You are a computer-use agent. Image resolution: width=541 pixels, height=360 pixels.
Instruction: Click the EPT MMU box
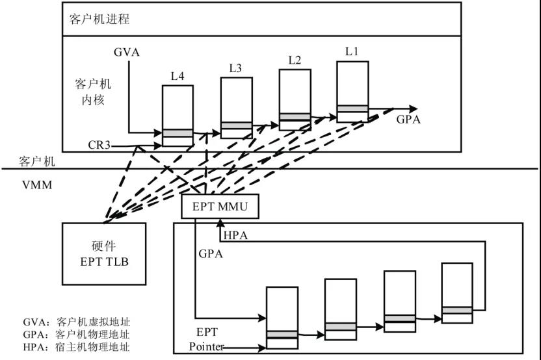(221, 207)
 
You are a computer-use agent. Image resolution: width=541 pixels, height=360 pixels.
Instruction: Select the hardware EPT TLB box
(104, 253)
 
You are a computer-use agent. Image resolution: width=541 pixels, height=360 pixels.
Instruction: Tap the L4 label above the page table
(178, 77)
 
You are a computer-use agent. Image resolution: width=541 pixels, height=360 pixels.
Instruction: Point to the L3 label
(236, 68)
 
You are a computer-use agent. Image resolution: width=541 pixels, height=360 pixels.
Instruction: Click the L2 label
(295, 60)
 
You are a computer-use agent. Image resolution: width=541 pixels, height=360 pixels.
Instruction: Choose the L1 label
(352, 51)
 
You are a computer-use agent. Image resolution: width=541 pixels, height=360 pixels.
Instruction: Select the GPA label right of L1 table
(408, 120)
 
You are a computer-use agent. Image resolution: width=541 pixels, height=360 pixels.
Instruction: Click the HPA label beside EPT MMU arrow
(235, 234)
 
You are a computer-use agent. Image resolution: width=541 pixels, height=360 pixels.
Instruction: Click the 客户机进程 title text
(99, 19)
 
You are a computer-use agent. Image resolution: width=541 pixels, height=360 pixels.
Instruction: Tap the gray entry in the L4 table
(178, 133)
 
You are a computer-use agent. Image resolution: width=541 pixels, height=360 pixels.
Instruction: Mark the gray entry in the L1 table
(352, 109)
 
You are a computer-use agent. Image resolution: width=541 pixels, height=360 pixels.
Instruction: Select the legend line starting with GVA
(76, 322)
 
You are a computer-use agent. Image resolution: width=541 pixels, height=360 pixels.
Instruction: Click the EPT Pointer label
(206, 339)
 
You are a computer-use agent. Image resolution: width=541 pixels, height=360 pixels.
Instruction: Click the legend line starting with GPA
(76, 335)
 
